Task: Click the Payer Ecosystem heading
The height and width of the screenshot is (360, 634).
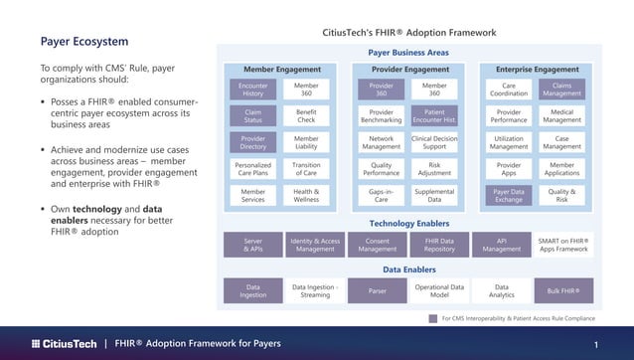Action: point(83,42)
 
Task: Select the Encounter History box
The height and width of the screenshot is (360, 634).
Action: point(253,90)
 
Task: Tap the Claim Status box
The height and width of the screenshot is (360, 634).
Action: point(253,116)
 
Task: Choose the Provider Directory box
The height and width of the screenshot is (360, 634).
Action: point(253,142)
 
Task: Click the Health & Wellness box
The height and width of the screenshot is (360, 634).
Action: point(306,196)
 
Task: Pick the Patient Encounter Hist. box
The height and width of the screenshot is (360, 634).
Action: point(434,116)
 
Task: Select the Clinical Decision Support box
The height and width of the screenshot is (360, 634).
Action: point(434,142)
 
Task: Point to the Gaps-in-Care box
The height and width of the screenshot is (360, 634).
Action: point(382,196)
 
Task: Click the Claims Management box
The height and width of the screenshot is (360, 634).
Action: point(561,90)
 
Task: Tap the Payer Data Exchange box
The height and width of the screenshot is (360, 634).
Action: point(509,196)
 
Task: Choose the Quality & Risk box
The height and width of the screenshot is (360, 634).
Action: point(561,196)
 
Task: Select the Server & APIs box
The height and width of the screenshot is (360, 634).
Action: point(253,245)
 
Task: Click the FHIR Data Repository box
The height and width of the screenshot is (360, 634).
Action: point(439,245)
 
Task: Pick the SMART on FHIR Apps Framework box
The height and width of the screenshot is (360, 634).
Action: point(563,245)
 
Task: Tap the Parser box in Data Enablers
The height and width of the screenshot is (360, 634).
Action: point(377,291)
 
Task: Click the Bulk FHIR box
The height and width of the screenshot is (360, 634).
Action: point(563,291)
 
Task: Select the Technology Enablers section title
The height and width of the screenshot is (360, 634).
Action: point(408,224)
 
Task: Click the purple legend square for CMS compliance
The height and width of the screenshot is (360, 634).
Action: point(432,319)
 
